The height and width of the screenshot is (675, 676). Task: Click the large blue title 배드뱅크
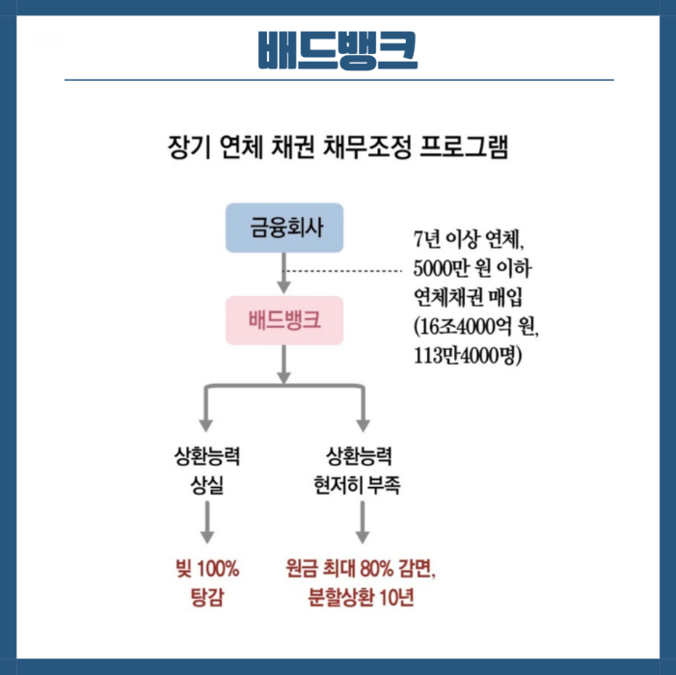[338, 51]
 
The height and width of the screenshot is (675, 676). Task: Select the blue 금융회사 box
[284, 228]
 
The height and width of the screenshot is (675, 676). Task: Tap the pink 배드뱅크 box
[284, 320]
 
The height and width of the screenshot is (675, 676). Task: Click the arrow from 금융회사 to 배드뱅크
[284, 274]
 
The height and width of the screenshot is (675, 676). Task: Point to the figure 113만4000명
[467, 354]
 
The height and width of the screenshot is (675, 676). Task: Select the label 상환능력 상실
[205, 471]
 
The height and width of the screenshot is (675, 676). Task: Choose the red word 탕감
[206, 596]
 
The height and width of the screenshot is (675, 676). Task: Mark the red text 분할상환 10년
[362, 596]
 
